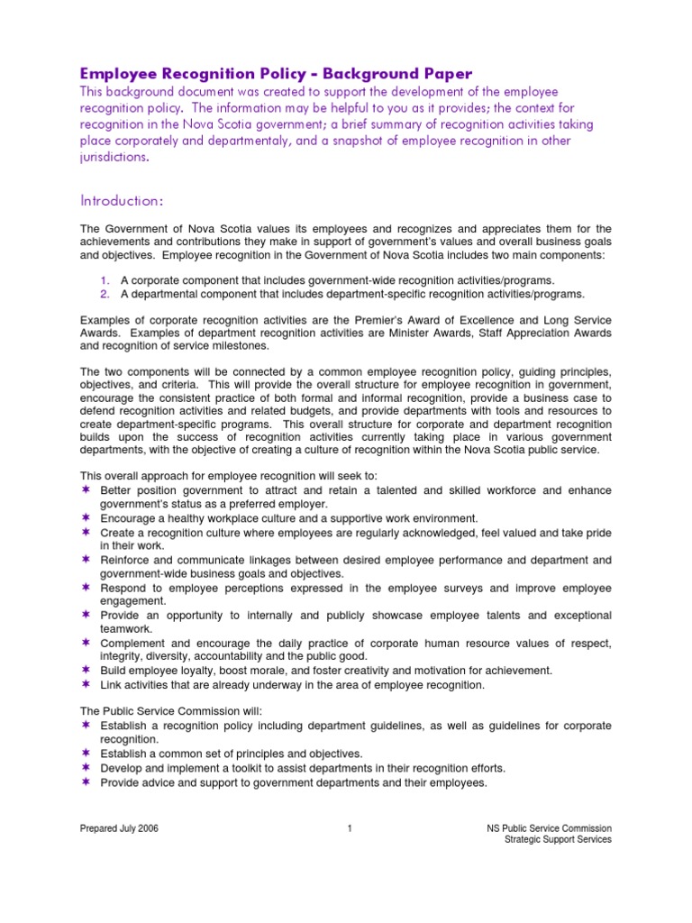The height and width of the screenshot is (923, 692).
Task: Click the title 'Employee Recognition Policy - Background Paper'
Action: [277, 74]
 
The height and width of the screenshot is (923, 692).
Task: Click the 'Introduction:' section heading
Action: [122, 198]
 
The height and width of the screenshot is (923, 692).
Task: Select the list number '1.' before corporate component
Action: [105, 280]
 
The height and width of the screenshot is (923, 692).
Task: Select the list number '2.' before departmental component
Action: [105, 294]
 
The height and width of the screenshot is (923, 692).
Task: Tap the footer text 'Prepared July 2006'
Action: [120, 828]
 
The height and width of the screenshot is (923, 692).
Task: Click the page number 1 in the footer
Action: [348, 828]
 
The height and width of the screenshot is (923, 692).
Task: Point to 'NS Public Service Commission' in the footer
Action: [548, 828]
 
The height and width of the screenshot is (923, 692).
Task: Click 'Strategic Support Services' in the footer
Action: [559, 839]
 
